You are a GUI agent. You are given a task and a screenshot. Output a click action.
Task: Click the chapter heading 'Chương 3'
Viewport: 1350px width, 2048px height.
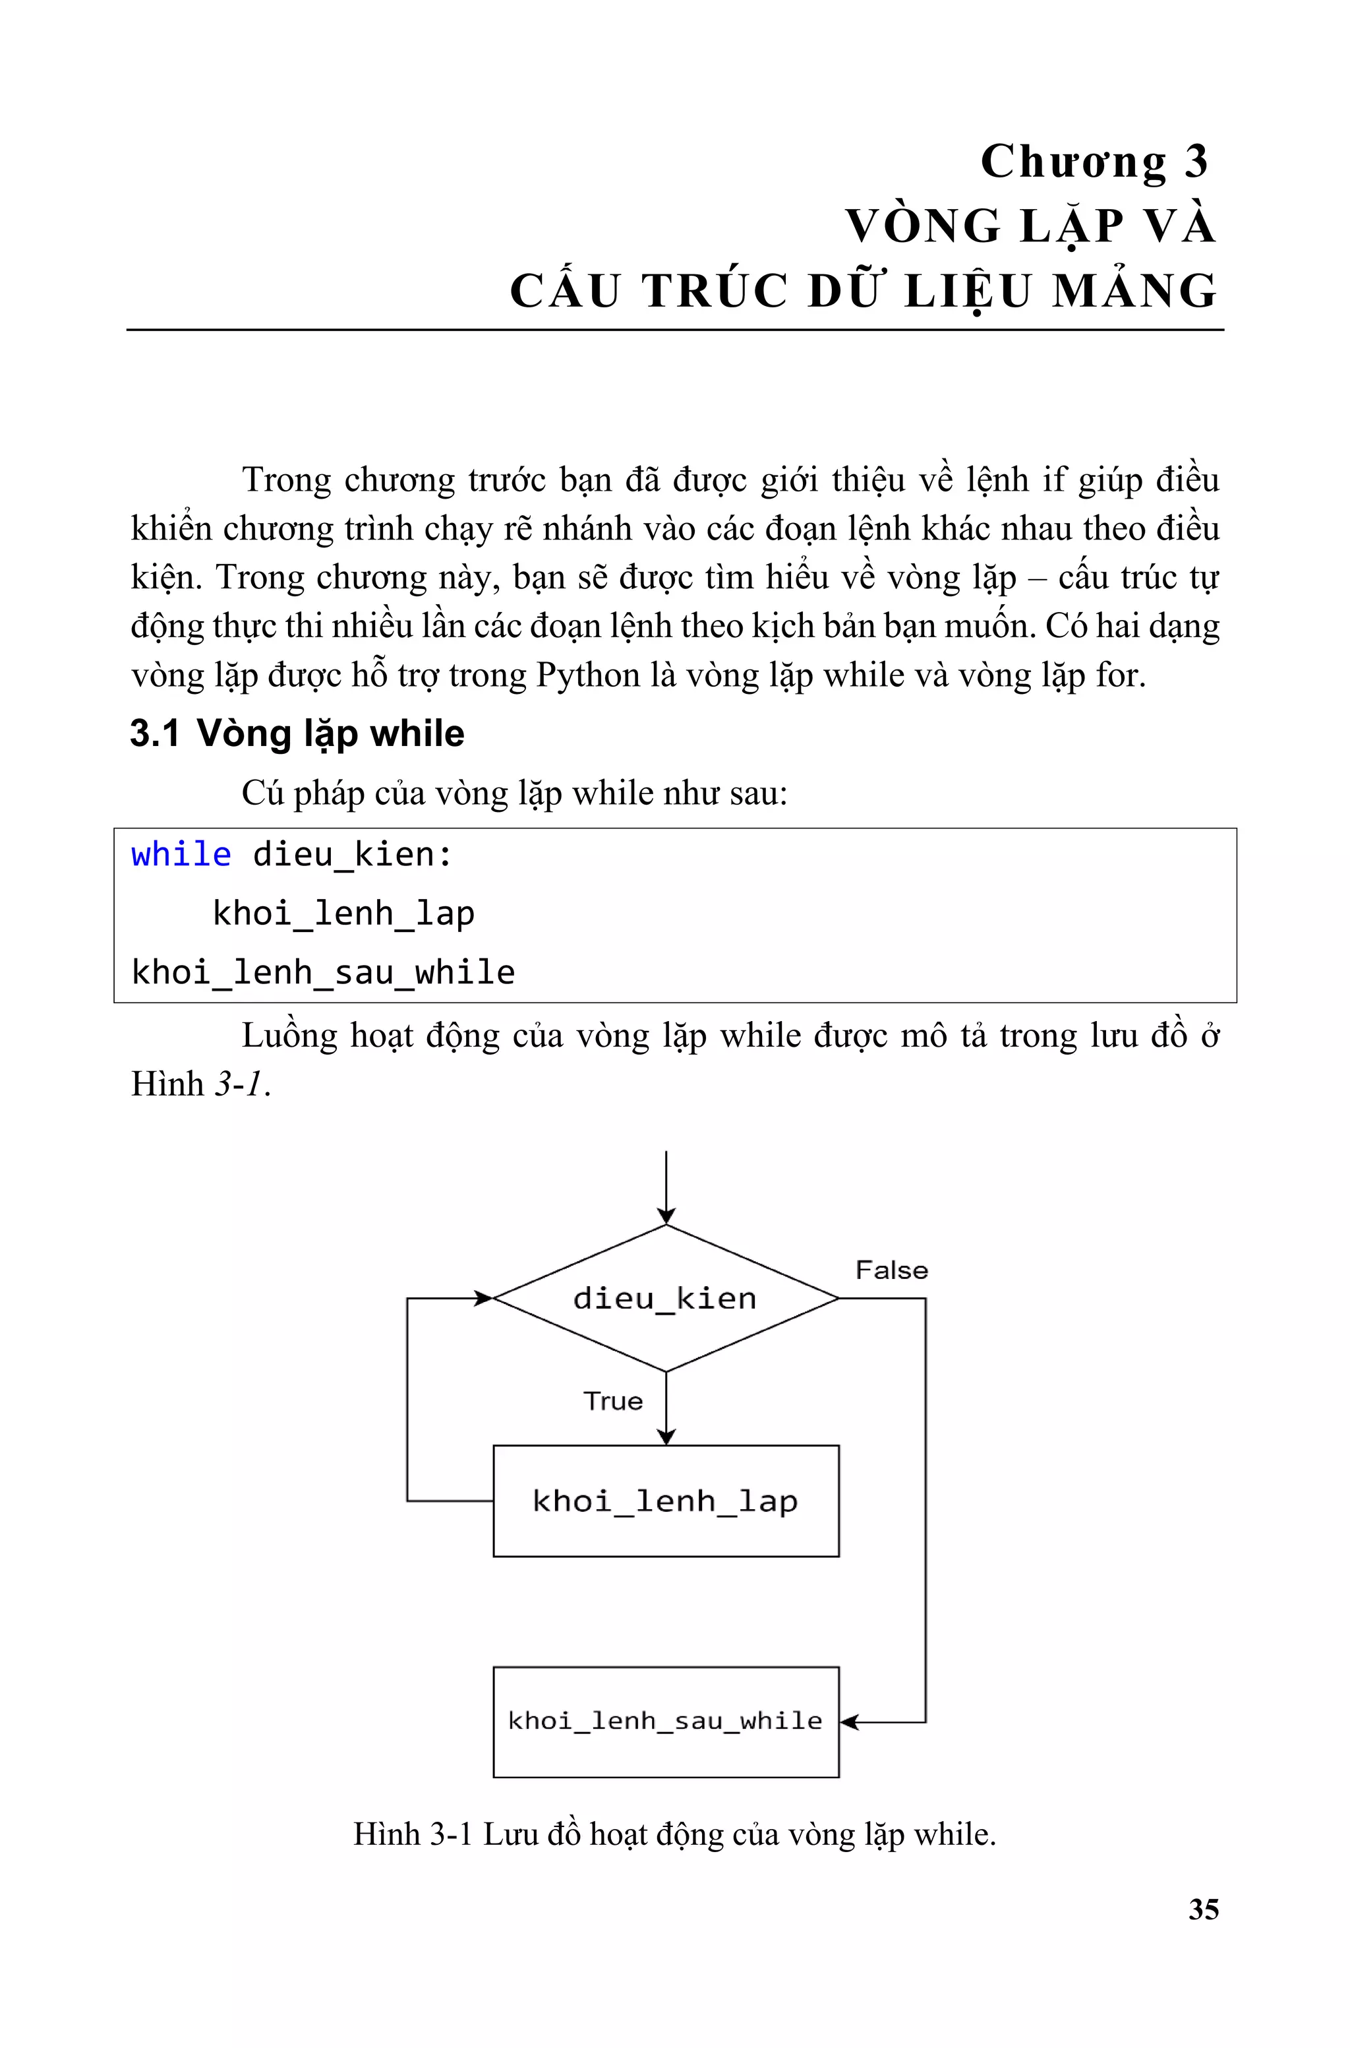pos(1094,162)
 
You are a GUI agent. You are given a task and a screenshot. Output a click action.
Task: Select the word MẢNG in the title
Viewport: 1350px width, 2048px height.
pos(1134,290)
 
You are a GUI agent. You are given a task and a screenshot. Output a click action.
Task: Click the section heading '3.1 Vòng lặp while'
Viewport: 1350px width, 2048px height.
pos(297,733)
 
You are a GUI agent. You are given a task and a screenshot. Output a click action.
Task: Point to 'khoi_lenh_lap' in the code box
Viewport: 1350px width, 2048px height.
pos(343,913)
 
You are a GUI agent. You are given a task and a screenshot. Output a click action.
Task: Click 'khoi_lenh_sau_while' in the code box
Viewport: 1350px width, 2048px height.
pos(323,972)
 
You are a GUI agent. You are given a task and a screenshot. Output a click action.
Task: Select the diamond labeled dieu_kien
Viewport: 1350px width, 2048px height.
pos(666,1298)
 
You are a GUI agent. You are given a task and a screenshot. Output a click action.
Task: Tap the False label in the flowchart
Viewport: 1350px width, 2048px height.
pos(891,1270)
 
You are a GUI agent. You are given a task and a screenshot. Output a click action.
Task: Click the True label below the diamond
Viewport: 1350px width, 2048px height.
pos(613,1401)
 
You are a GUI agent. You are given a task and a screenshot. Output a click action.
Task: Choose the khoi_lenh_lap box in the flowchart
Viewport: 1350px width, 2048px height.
pos(666,1501)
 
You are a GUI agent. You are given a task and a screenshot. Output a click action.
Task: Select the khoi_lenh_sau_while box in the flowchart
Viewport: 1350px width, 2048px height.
pos(666,1722)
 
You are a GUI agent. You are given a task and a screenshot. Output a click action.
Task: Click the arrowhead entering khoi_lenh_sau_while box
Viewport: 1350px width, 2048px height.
pos(848,1722)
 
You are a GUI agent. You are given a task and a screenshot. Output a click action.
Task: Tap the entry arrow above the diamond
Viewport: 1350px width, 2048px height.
pos(666,1189)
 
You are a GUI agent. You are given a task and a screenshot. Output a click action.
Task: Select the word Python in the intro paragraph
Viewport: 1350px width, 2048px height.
pos(588,675)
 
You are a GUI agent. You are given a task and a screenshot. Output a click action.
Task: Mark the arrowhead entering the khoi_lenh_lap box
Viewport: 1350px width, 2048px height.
pos(666,1436)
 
